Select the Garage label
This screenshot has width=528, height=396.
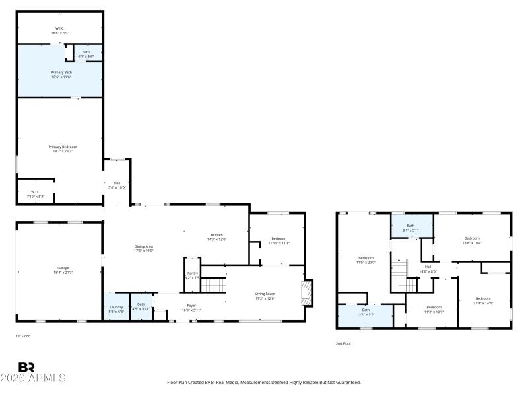click(x=63, y=270)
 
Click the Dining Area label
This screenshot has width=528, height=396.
click(x=143, y=248)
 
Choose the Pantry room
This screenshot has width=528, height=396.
click(x=193, y=275)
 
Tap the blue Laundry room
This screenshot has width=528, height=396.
click(x=115, y=308)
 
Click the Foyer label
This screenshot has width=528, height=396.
click(x=191, y=308)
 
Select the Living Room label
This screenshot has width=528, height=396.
click(x=265, y=296)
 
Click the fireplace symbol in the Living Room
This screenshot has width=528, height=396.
click(x=306, y=293)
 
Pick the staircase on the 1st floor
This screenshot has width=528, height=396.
click(x=213, y=286)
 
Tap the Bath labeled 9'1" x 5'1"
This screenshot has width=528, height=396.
click(x=411, y=228)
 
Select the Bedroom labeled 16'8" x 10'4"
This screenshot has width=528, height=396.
click(x=471, y=240)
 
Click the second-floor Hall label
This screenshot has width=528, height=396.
click(x=428, y=269)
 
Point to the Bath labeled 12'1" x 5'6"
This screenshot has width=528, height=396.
click(x=366, y=312)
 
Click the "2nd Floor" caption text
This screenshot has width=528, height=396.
click(x=343, y=343)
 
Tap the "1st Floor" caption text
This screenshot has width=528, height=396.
click(x=23, y=336)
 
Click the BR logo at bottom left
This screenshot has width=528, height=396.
click(x=26, y=367)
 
